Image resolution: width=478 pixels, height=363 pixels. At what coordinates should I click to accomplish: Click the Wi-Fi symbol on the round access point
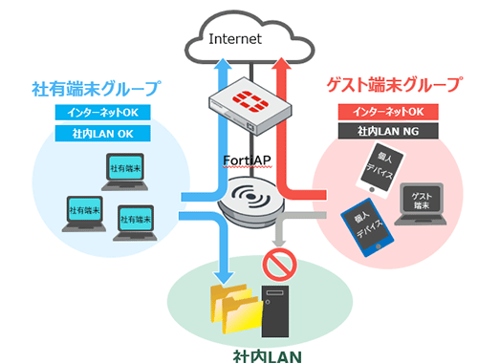point(244,202)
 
